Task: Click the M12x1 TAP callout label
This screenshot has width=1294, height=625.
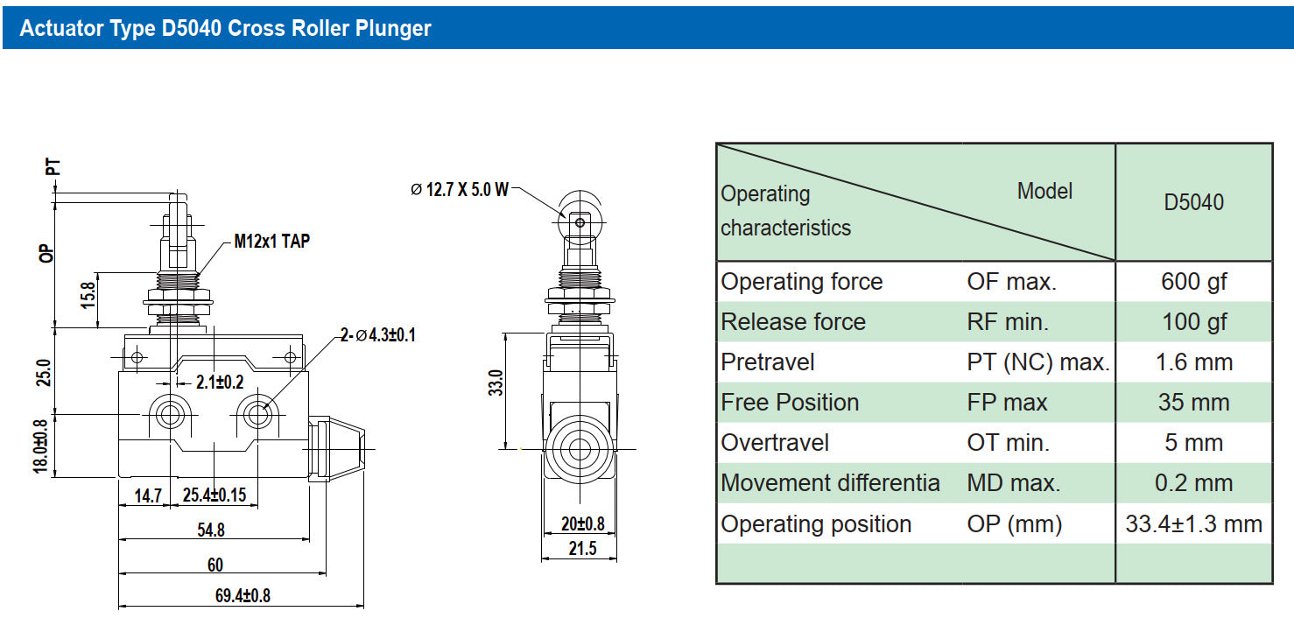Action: tap(271, 241)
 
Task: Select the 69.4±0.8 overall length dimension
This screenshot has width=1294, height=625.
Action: tap(243, 595)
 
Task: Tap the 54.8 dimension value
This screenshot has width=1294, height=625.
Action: tap(211, 530)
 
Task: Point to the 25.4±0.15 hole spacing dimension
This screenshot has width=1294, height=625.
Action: tap(214, 495)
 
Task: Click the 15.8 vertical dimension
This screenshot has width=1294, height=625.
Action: tap(88, 295)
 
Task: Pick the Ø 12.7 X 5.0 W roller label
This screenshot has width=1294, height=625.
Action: tap(460, 189)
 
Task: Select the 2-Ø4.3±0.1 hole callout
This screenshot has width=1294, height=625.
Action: tap(378, 335)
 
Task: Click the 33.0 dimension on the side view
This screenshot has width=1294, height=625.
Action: tap(496, 383)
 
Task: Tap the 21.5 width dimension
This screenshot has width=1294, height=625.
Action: tap(582, 548)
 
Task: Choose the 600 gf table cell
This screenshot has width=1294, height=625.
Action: tap(1193, 282)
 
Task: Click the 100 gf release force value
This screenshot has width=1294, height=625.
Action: tap(1194, 322)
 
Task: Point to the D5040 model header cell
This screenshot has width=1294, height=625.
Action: tap(1193, 202)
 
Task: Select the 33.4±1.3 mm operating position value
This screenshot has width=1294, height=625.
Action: tap(1193, 524)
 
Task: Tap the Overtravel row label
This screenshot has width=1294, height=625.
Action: tap(775, 443)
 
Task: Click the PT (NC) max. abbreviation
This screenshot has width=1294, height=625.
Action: tap(1038, 362)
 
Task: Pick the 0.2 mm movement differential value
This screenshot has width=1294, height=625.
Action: tap(1193, 483)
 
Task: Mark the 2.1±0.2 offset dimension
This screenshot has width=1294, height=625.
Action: tap(220, 382)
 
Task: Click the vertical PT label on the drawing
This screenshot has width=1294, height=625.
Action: tap(53, 167)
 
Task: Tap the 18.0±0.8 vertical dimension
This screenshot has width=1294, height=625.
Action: tap(40, 446)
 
